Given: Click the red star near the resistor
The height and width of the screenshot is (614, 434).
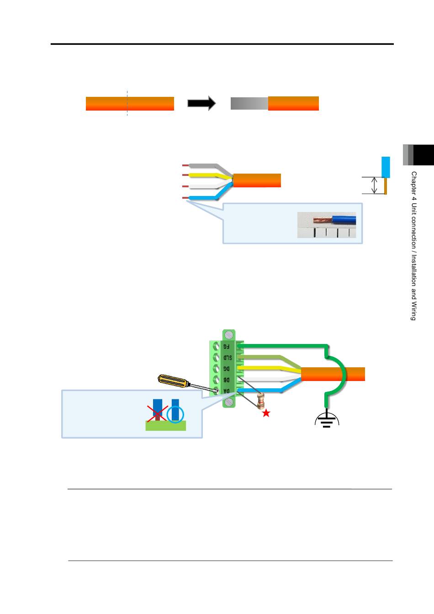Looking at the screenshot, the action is pyautogui.click(x=266, y=413).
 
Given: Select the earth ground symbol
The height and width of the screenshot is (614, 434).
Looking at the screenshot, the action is pyautogui.click(x=327, y=418).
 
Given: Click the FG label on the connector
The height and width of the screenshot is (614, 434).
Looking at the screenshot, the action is pyautogui.click(x=226, y=346).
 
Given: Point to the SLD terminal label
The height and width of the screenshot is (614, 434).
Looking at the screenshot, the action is pyautogui.click(x=228, y=357).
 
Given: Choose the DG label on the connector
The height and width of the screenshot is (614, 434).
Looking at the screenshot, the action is pyautogui.click(x=227, y=369).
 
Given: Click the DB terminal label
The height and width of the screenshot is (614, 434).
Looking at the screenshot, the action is pyautogui.click(x=227, y=380).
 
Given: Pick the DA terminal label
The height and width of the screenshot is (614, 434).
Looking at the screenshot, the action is pyautogui.click(x=227, y=391).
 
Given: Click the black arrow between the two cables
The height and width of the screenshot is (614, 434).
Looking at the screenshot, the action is pyautogui.click(x=202, y=103).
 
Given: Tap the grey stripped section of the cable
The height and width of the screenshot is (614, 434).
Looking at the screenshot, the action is pyautogui.click(x=249, y=103).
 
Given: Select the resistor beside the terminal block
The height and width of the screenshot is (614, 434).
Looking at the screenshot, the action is pyautogui.click(x=261, y=401).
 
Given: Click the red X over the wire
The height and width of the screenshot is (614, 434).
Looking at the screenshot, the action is pyautogui.click(x=157, y=413).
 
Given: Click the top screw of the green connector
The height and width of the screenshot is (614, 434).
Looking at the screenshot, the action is pyautogui.click(x=229, y=335).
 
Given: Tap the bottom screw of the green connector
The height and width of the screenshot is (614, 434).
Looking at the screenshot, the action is pyautogui.click(x=229, y=402).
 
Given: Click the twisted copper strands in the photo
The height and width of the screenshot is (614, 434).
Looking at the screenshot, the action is pyautogui.click(x=323, y=220).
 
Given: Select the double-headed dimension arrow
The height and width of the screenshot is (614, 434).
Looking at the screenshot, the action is pyautogui.click(x=374, y=185).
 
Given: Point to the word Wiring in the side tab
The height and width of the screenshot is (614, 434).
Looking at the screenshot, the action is pyautogui.click(x=414, y=311).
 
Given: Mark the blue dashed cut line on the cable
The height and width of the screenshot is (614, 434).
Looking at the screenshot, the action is pyautogui.click(x=127, y=103).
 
